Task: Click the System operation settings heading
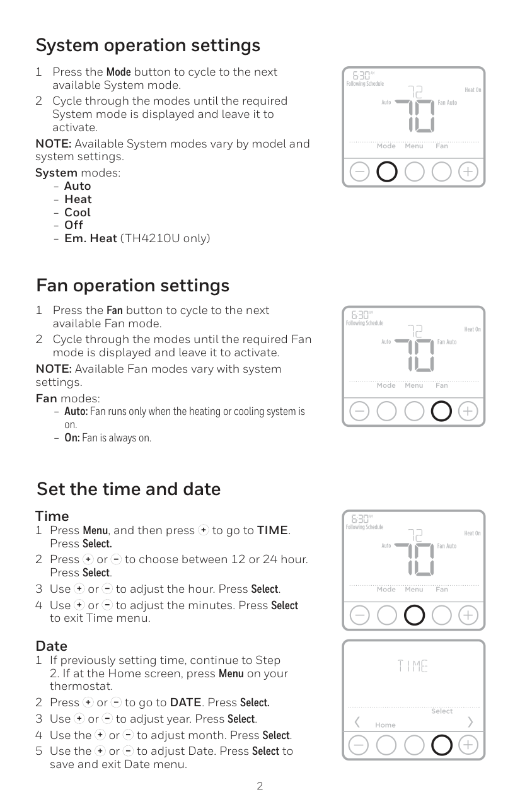click(x=148, y=45)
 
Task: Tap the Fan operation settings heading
click(x=133, y=286)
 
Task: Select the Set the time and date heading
click(x=129, y=489)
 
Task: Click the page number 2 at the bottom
click(x=260, y=786)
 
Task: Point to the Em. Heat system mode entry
click(x=137, y=238)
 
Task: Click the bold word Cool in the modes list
click(x=77, y=212)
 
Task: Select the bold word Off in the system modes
click(x=74, y=225)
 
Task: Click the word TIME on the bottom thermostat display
click(x=413, y=666)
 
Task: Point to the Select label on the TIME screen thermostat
click(x=442, y=711)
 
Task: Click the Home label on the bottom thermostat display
click(x=385, y=725)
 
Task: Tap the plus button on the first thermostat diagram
click(x=468, y=172)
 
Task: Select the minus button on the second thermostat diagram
click(x=359, y=411)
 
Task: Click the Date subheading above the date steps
click(x=52, y=646)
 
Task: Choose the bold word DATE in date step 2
click(x=185, y=702)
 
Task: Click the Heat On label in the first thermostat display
click(x=473, y=90)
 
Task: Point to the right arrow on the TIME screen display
click(x=470, y=722)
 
